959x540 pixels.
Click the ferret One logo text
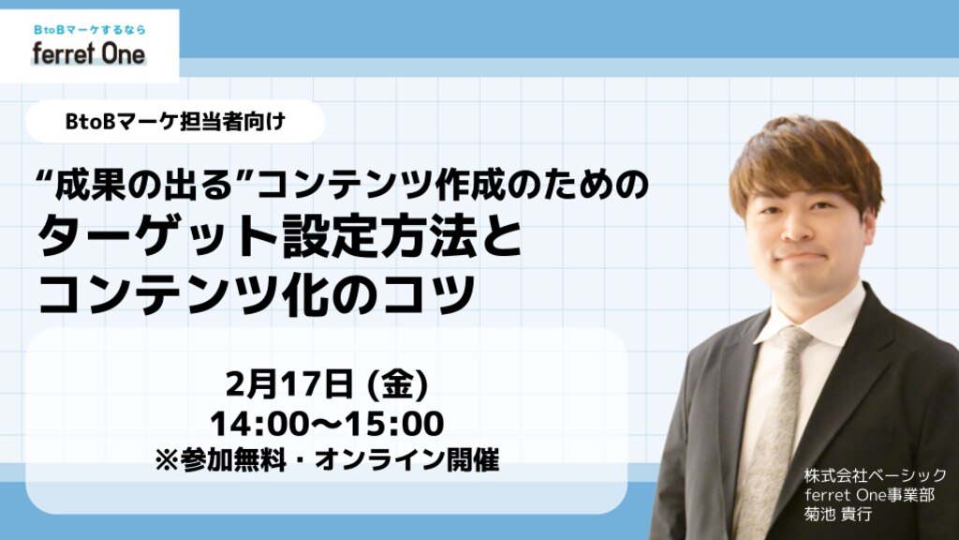tap(89, 53)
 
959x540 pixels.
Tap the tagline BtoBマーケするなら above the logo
tap(89, 29)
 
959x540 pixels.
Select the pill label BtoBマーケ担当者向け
tap(175, 122)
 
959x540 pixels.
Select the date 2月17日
tap(290, 384)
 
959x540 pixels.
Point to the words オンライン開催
tap(407, 459)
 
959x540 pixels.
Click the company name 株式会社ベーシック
tap(876, 475)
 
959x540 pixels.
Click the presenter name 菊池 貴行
tap(838, 514)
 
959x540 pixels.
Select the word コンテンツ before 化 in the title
tap(177, 293)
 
